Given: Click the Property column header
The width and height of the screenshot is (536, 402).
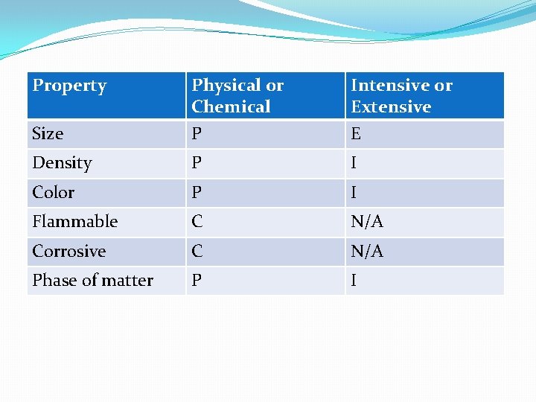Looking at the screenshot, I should point(69,86).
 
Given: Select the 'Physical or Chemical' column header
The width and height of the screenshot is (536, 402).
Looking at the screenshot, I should point(237,95).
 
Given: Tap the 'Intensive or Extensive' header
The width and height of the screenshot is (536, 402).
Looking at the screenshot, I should point(401,95).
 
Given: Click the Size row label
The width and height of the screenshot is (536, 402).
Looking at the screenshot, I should point(48,134).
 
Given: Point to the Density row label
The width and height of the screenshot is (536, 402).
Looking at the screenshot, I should point(62,163).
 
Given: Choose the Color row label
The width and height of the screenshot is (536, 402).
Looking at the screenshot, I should point(54,192).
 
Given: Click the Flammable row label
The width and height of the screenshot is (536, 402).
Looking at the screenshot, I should point(74,222).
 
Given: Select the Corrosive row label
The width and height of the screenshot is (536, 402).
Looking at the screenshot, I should point(69,251).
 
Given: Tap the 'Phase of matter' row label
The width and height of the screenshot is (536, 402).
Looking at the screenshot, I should point(92,281).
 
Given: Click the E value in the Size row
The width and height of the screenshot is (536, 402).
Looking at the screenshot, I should point(356,134).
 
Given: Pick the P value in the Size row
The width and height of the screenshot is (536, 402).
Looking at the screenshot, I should point(197,134).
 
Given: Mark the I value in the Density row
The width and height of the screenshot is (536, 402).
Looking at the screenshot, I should point(354,163).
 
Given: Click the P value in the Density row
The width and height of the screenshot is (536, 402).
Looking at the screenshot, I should point(197,163).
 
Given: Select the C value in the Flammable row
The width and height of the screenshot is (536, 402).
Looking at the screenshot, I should point(197,222).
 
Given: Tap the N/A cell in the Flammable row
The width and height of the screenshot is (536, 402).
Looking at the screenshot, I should point(367,222).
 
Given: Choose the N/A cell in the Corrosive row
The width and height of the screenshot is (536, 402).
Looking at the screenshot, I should point(367,251).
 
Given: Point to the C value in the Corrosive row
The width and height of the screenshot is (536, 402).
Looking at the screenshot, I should point(197,251).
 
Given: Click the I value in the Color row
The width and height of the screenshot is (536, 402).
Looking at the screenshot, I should point(354,192).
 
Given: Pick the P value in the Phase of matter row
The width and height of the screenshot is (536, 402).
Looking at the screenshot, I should point(197,281).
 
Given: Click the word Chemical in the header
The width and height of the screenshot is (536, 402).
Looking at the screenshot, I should point(231,106).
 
